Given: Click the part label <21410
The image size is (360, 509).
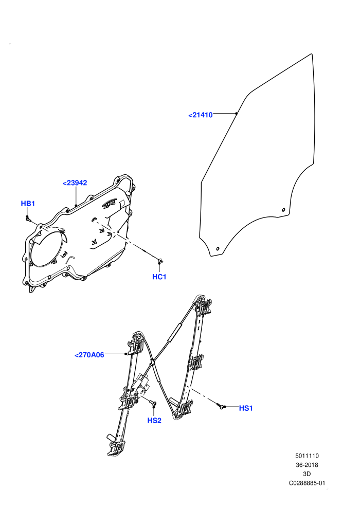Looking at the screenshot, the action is (200, 115).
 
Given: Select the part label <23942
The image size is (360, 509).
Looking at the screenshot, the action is (75, 183).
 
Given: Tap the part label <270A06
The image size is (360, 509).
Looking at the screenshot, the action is (89, 355).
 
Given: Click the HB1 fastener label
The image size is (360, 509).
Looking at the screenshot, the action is (28, 204).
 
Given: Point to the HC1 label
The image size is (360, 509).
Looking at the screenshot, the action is (159, 277).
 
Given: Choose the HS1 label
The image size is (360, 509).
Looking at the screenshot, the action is (246, 408).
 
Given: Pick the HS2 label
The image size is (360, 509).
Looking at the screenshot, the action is (154, 421).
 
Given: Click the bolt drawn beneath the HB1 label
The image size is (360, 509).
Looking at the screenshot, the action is (28, 219).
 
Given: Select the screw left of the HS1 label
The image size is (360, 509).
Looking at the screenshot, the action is (222, 406).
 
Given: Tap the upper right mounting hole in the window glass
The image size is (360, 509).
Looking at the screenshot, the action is (283, 210).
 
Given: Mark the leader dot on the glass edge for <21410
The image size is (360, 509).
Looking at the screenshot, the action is (237, 113).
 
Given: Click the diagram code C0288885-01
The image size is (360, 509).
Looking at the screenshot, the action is (307, 483).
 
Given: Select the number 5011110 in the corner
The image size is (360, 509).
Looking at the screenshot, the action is (307, 456).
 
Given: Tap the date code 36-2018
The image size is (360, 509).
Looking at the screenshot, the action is (307, 465).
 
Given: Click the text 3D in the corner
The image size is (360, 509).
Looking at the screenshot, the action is (307, 474).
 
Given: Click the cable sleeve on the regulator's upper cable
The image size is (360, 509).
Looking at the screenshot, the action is (174, 332).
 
